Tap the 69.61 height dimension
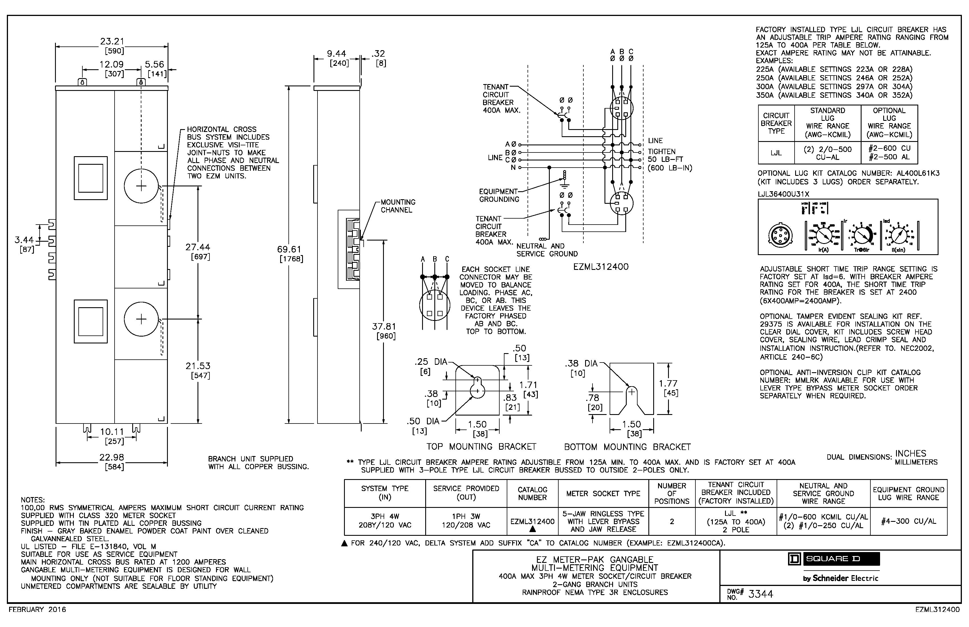[289, 249]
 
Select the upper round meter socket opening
[141, 186]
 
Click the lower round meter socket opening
[141, 319]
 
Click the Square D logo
[834, 559]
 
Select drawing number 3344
[760, 594]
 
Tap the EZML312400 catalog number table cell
[532, 521]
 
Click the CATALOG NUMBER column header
[532, 493]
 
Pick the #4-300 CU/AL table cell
[908, 521]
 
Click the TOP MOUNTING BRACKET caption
[481, 447]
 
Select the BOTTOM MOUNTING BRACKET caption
[627, 447]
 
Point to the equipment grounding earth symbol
[564, 185]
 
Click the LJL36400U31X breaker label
[783, 194]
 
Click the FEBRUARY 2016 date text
[37, 610]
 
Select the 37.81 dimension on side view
[384, 327]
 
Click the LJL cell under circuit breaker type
[776, 153]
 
